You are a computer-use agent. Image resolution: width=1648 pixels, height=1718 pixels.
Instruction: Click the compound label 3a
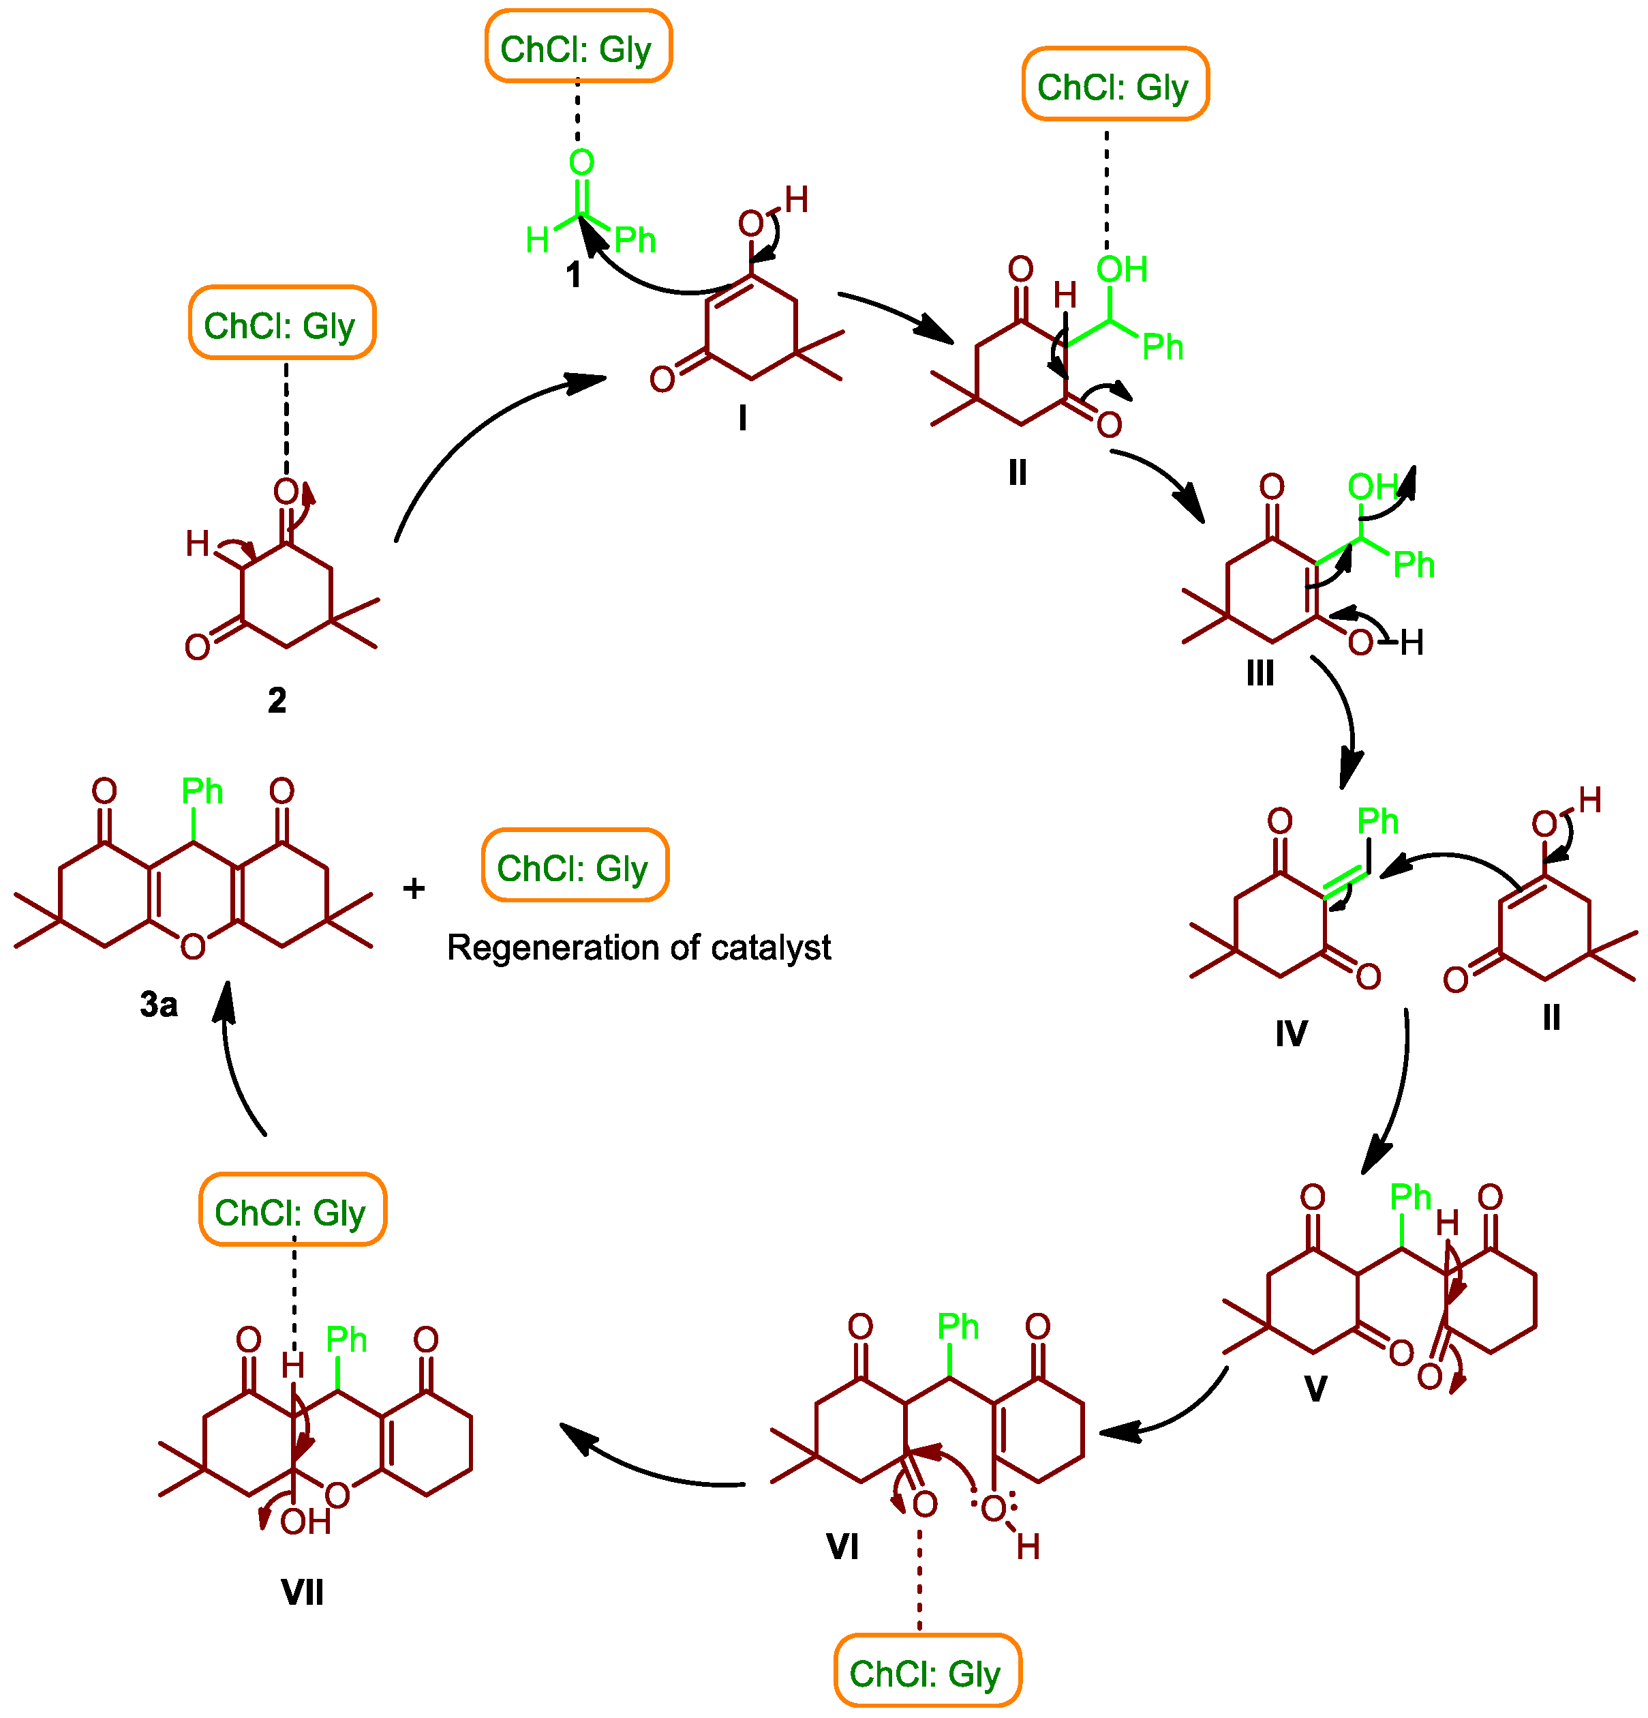159,1005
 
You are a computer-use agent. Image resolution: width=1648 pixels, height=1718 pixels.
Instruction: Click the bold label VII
302,1592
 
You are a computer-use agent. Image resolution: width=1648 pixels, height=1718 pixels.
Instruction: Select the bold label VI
842,1547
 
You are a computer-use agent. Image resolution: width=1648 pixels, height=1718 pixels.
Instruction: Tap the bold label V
1315,1389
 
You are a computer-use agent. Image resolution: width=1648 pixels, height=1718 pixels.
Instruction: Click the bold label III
1260,673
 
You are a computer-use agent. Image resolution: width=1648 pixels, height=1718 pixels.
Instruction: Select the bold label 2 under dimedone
277,700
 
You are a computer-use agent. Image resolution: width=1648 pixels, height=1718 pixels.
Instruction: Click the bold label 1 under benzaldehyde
573,276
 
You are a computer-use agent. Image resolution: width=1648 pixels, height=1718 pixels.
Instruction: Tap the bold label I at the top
742,419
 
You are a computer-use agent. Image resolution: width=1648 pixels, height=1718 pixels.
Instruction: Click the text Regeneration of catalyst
639,947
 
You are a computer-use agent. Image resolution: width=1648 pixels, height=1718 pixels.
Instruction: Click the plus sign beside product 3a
414,889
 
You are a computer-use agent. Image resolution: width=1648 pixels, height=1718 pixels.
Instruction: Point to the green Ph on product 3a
202,792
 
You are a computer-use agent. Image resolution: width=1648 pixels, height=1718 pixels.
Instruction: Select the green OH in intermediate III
1372,486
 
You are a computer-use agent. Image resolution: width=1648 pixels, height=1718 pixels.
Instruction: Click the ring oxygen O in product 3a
193,947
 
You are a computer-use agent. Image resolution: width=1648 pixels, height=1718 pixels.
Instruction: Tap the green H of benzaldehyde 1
537,239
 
